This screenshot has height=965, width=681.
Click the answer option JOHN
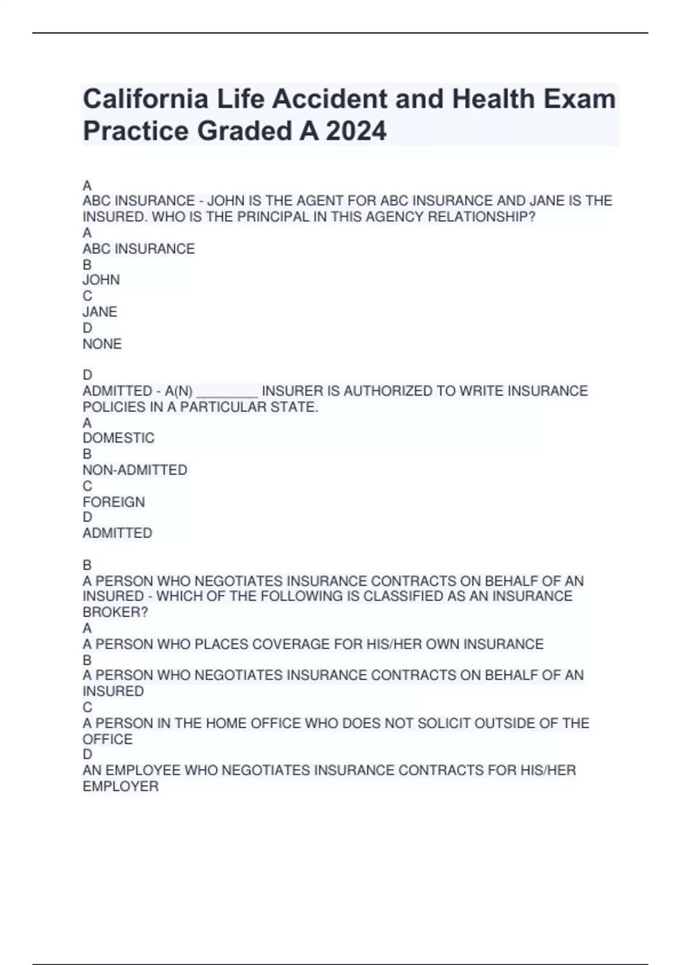tap(101, 280)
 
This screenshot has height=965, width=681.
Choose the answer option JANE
tap(100, 312)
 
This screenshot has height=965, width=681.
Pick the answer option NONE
tap(102, 344)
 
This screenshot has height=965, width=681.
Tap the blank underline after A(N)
tap(227, 392)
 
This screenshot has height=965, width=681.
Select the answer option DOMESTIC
tap(119, 438)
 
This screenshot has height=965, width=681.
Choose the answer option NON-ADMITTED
tap(135, 470)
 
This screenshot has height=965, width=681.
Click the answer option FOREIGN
tap(114, 502)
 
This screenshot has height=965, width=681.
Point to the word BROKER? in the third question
tap(115, 612)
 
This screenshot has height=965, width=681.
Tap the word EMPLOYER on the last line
tap(120, 786)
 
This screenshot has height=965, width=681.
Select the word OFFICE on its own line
tap(107, 739)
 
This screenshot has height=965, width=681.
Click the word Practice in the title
tap(136, 131)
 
